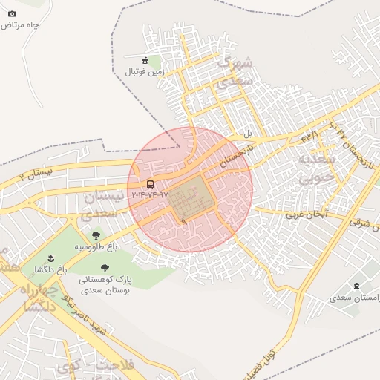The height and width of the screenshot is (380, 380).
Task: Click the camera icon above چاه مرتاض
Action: pyautogui.click(x=12, y=13)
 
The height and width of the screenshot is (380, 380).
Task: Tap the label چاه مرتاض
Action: pyautogui.click(x=19, y=25)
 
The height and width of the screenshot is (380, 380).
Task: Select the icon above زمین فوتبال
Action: pyautogui.click(x=145, y=60)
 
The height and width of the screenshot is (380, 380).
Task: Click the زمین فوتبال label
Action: pyautogui.click(x=144, y=72)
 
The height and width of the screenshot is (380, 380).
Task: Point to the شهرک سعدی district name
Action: pyautogui.click(x=237, y=72)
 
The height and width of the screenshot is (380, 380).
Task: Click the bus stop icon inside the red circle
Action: pyautogui.click(x=151, y=184)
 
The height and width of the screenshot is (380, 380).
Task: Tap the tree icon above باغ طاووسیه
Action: pyautogui.click(x=96, y=235)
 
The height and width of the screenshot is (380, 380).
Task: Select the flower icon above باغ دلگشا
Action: pyautogui.click(x=50, y=258)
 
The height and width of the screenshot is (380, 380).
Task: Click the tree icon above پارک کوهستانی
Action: pyautogui.click(x=104, y=267)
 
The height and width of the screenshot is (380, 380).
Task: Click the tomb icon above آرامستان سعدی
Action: pyautogui.click(x=357, y=286)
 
